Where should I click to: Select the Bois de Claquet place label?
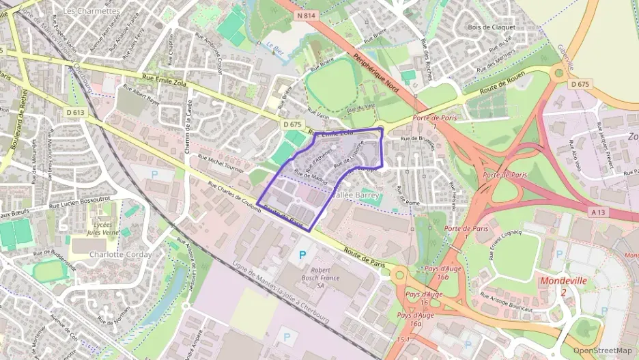point(492,27)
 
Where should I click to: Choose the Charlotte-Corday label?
point(120,255)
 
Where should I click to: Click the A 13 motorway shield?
point(598,212)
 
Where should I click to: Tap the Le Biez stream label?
point(274,49)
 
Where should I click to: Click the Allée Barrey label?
point(354,195)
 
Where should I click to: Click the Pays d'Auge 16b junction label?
point(425,278)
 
